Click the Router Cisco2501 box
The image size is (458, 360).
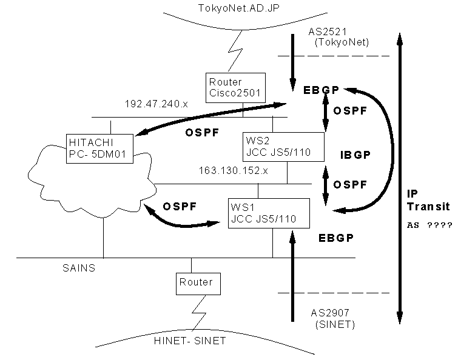pos(235,88)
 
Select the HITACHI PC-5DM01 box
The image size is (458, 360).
pos(99,148)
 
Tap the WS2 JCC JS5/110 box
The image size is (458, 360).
pos(283,147)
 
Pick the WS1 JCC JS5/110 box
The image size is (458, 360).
pos(269,213)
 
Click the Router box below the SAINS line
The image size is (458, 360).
pos(198,284)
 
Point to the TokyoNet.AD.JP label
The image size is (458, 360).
pos(238,8)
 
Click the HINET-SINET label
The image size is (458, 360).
pos(190,341)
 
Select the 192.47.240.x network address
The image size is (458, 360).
pos(157,104)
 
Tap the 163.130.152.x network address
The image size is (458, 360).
pos(233,170)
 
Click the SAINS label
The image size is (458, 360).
pos(79,268)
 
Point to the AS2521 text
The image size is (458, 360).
pos(328,32)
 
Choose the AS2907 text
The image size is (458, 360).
pos(330,313)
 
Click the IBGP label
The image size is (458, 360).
pos(355,155)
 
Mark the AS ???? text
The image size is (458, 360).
pos(429,225)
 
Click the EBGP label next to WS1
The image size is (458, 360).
pos(336,238)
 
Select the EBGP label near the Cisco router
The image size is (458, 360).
pos(321,90)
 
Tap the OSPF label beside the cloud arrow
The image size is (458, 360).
pos(180,207)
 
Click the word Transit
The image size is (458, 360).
pos(428,207)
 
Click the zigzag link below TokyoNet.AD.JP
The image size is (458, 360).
pos(235,51)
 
